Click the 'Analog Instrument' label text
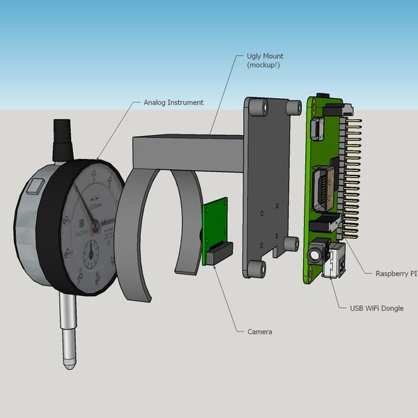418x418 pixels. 173,102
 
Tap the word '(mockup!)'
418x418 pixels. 263,65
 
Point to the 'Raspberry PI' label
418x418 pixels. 396,274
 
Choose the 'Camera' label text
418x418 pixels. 260,332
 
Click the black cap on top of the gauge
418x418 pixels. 63,131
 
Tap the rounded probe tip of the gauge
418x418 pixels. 70,363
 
